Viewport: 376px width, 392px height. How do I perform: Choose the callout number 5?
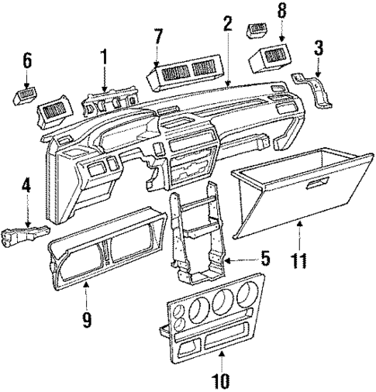tap(265, 258)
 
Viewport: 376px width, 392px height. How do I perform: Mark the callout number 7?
tap(160, 36)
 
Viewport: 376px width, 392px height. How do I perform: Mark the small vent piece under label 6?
tap(23, 97)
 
